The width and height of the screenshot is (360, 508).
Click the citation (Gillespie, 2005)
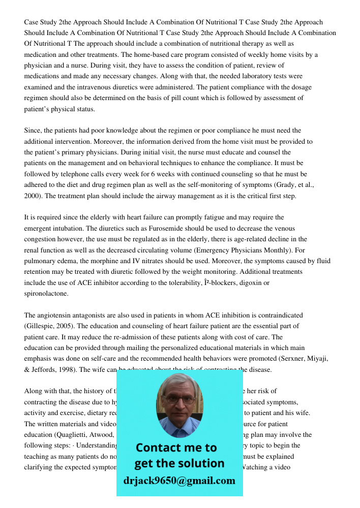click(x=49, y=326)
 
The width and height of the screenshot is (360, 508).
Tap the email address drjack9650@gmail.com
click(x=179, y=481)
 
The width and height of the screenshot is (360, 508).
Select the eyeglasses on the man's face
click(x=179, y=399)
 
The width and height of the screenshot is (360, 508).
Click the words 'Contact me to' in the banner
click(x=176, y=448)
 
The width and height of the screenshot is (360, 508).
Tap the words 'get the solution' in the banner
click(x=179, y=463)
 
